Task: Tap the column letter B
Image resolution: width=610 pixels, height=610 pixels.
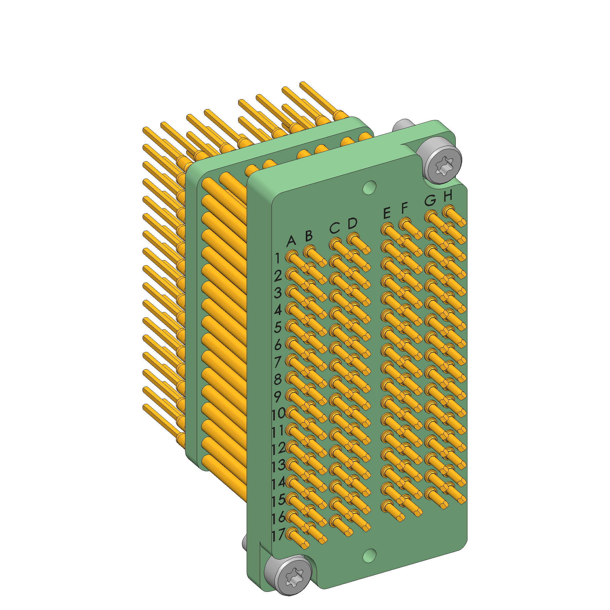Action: [x=309, y=236]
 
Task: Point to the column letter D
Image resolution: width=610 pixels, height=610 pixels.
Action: [x=353, y=223]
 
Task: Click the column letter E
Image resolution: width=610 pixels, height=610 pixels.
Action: [x=387, y=213]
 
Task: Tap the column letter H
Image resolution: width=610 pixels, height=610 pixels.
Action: [x=448, y=195]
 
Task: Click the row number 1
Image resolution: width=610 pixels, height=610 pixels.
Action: [x=277, y=258]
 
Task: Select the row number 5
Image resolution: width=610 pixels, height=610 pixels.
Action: [x=277, y=327]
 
